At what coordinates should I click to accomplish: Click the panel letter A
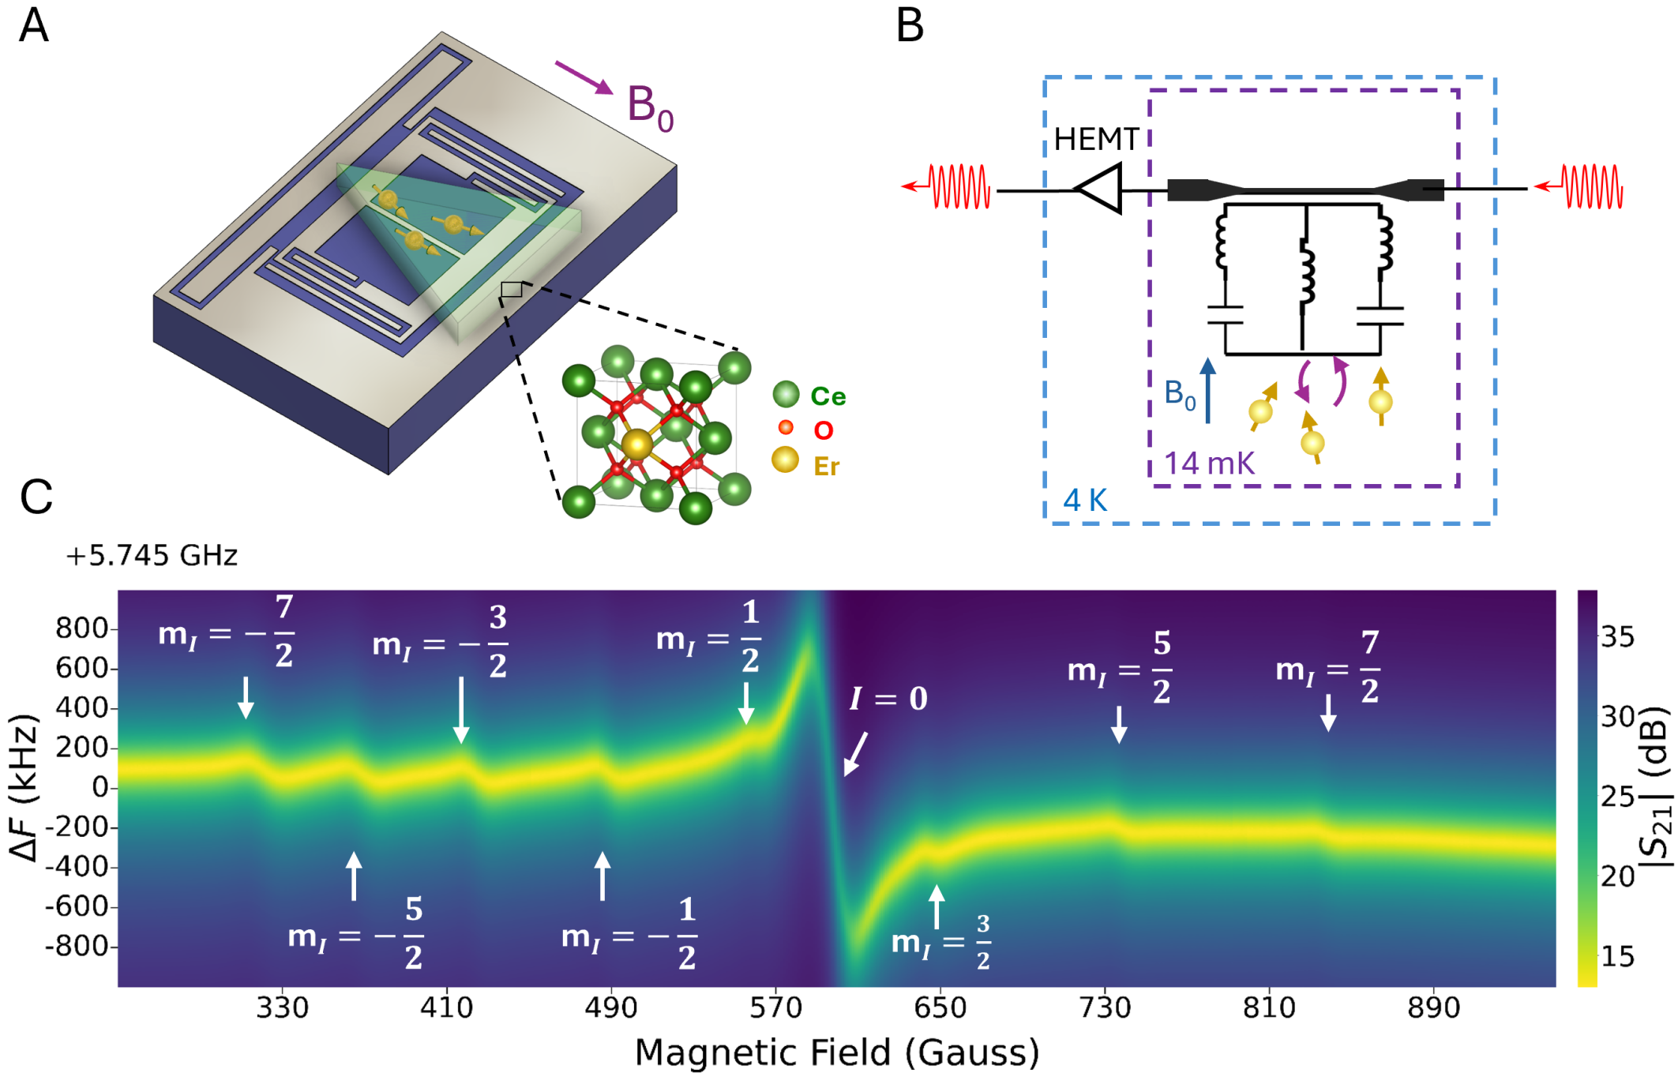point(34,26)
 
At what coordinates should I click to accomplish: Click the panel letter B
point(910,26)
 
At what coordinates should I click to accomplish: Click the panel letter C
point(36,497)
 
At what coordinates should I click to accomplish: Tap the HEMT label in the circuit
point(1096,140)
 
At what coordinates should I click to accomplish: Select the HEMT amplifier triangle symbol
point(1100,189)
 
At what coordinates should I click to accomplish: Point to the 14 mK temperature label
point(1209,463)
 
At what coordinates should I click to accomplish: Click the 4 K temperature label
point(1085,501)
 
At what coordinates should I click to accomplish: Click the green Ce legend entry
point(828,396)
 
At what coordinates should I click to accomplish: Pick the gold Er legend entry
point(826,467)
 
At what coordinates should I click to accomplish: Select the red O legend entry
point(823,430)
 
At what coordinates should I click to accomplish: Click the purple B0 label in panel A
point(650,107)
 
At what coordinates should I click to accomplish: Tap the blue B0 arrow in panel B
point(1207,390)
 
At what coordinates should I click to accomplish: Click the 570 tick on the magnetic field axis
point(775,1008)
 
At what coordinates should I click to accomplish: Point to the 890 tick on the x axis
point(1434,1008)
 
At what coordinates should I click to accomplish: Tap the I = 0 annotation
point(888,699)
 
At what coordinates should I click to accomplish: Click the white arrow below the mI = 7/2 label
point(1328,712)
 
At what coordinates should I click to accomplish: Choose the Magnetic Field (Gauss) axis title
point(836,1052)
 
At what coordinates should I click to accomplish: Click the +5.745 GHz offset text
point(152,556)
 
